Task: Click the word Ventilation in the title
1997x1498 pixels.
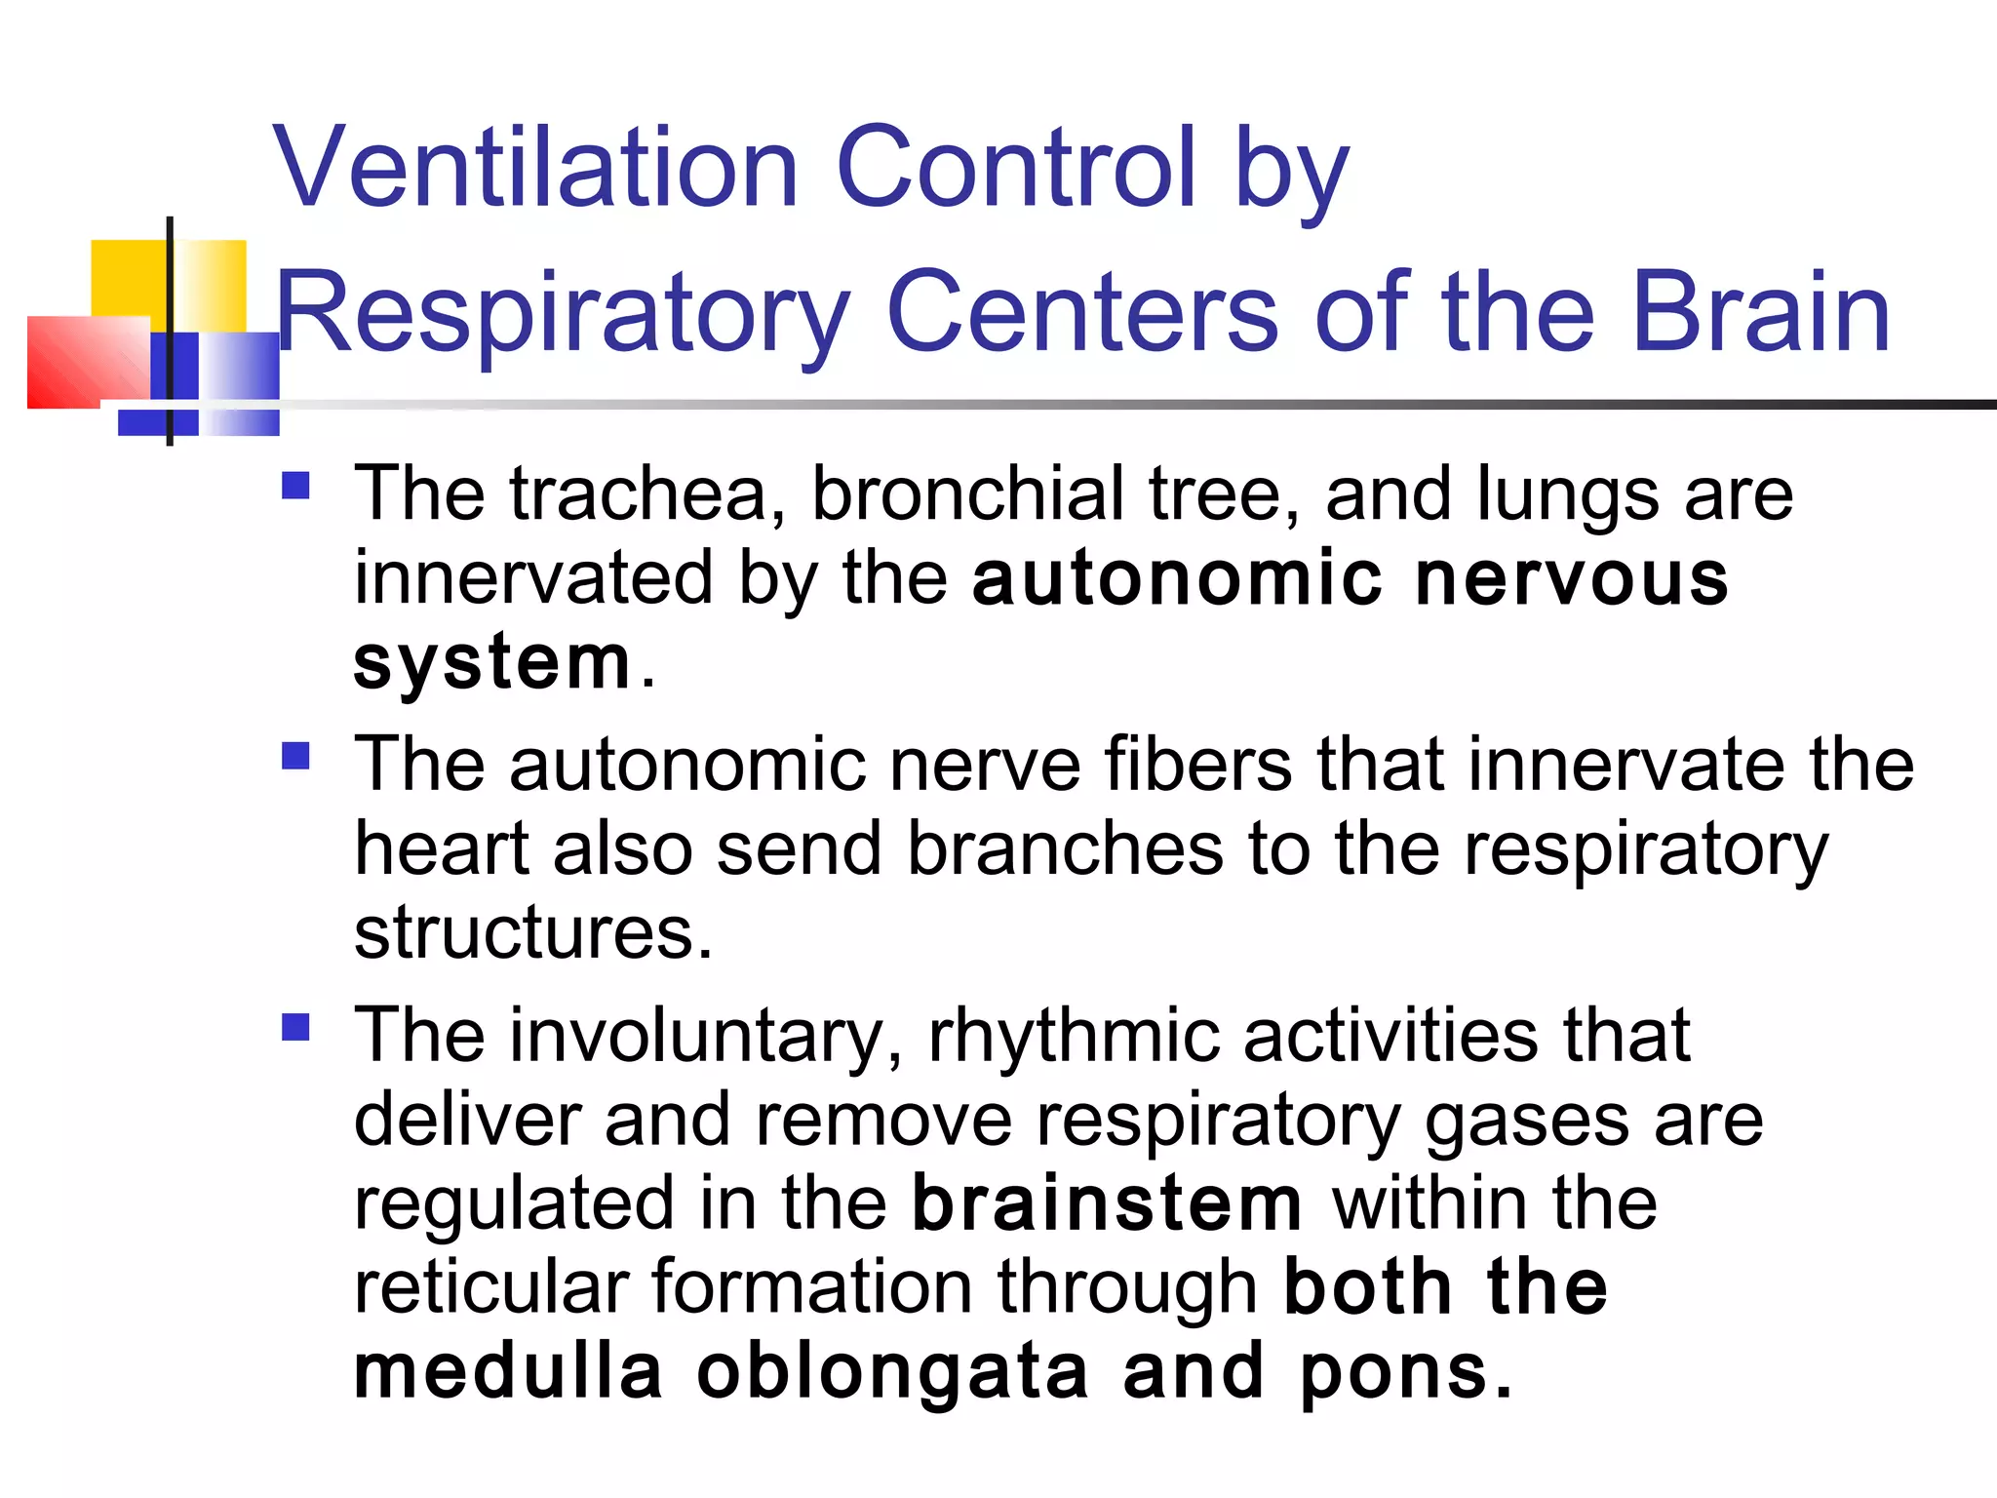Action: click(536, 168)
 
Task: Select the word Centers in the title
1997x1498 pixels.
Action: click(1082, 312)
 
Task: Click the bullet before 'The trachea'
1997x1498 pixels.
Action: click(295, 486)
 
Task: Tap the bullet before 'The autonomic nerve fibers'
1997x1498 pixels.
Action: click(295, 756)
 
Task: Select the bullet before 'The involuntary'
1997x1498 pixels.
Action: click(295, 1027)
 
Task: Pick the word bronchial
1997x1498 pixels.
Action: click(968, 493)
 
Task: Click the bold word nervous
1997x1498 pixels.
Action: click(1572, 578)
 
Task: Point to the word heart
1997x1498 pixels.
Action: click(442, 848)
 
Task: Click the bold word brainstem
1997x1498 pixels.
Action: click(1108, 1203)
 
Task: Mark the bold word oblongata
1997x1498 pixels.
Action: click(892, 1372)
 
